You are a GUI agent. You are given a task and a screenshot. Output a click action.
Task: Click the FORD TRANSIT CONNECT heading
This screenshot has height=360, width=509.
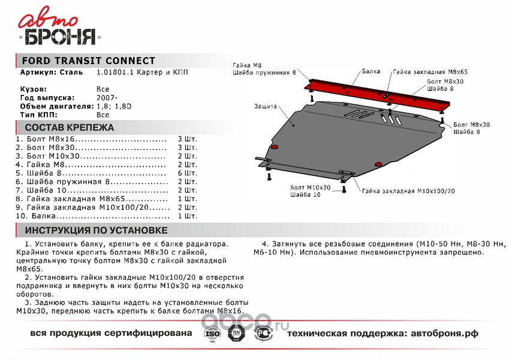(88, 61)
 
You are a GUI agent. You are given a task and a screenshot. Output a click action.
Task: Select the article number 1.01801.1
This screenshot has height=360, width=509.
(113, 72)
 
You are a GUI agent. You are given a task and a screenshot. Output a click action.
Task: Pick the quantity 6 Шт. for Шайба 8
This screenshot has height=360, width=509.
(187, 173)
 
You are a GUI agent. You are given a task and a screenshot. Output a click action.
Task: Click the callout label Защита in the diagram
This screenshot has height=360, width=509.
(265, 106)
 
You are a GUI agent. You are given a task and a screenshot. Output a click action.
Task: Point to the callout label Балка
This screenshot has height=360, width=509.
(371, 71)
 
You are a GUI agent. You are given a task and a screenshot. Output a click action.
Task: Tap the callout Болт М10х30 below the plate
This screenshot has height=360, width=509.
(309, 188)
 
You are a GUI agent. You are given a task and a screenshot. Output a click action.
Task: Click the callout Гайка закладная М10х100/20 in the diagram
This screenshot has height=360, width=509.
(408, 191)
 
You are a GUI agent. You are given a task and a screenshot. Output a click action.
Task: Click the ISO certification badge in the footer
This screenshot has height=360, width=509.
(213, 334)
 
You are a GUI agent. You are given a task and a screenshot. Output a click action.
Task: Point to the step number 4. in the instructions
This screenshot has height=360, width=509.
(265, 245)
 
